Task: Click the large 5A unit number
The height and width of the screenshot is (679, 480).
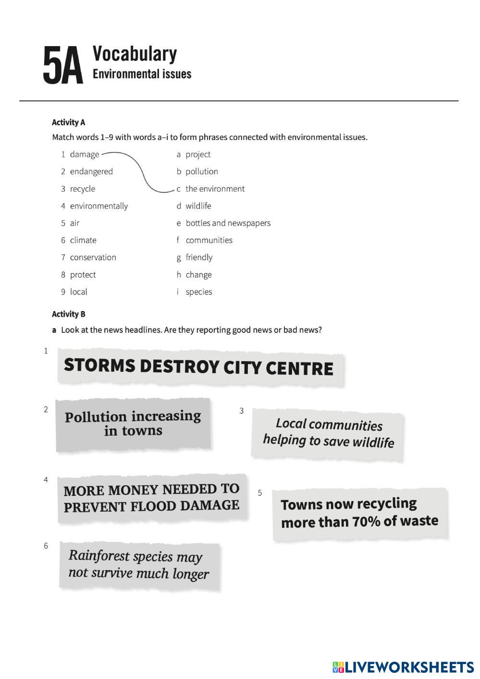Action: click(x=63, y=66)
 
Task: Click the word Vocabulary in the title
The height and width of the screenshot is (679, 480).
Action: click(x=135, y=54)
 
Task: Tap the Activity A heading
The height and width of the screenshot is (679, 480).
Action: click(x=68, y=123)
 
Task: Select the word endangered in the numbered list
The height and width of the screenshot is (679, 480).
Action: click(x=91, y=172)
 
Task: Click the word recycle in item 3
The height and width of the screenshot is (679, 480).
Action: click(x=83, y=189)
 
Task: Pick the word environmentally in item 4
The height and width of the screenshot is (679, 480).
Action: click(x=99, y=206)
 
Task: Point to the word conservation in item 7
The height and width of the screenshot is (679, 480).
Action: click(x=93, y=258)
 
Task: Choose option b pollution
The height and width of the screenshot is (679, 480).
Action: click(x=201, y=172)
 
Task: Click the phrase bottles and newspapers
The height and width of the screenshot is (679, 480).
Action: click(x=228, y=223)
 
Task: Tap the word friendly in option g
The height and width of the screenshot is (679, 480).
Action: click(x=199, y=258)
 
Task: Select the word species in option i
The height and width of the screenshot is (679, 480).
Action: click(x=199, y=292)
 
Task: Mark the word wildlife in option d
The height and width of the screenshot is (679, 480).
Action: click(x=198, y=206)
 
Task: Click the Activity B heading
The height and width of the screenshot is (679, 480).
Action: click(x=68, y=314)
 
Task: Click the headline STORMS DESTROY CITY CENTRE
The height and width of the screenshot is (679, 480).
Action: click(x=198, y=367)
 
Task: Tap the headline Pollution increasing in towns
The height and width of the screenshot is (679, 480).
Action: click(x=133, y=423)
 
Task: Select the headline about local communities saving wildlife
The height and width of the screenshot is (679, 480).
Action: click(x=329, y=433)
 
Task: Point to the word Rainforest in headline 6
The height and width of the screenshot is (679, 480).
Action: click(x=99, y=556)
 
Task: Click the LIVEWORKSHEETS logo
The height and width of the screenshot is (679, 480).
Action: click(x=403, y=667)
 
